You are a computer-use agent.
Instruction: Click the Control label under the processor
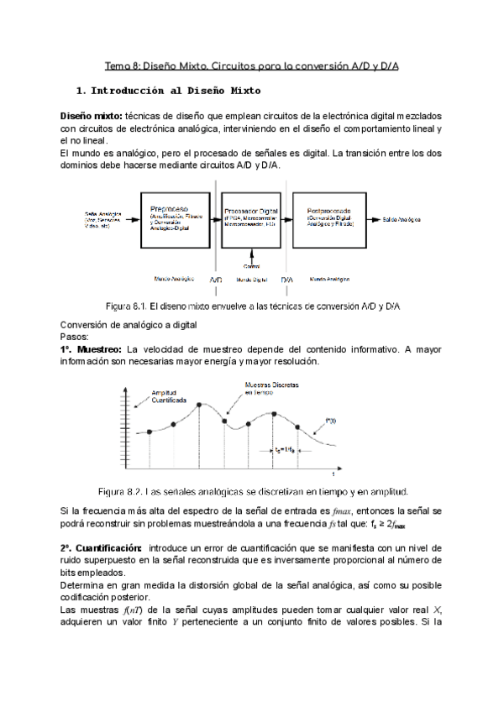pos(251,264)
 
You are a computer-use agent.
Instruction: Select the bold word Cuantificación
pos(101,547)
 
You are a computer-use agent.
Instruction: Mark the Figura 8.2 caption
pos(253,491)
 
